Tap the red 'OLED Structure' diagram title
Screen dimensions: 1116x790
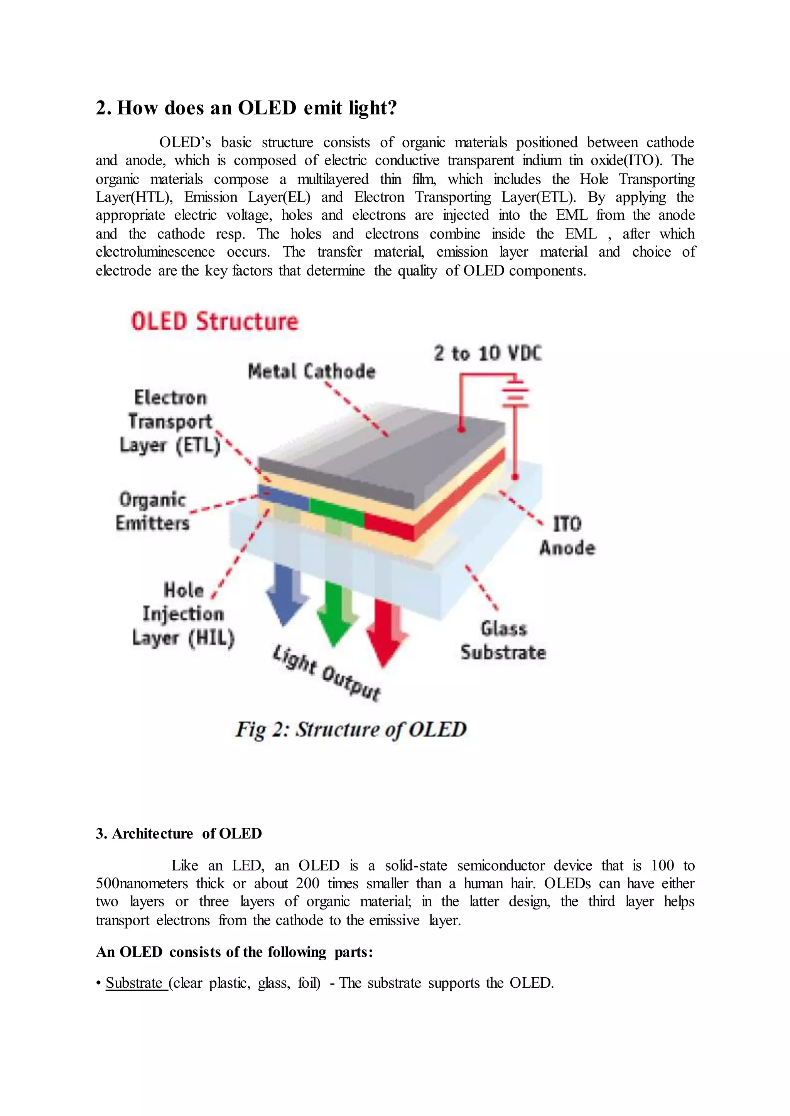(214, 322)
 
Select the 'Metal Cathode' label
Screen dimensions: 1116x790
(311, 371)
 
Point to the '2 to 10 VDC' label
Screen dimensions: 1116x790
(488, 353)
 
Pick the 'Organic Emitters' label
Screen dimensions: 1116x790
(153, 511)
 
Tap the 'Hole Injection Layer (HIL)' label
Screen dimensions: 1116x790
(183, 614)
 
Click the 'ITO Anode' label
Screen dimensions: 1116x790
(567, 536)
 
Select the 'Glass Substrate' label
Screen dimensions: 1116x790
(503, 640)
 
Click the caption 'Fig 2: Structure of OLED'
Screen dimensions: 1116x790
(351, 729)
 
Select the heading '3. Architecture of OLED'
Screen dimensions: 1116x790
(179, 834)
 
